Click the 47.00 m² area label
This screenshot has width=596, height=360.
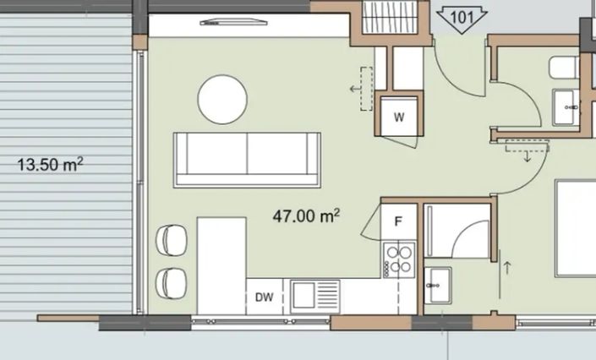[306, 216]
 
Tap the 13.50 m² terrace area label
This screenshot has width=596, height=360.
[50, 165]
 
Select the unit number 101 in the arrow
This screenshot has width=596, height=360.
[462, 17]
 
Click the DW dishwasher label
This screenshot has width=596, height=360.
[264, 297]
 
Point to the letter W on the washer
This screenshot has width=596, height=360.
[399, 117]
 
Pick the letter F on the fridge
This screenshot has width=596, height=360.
[398, 221]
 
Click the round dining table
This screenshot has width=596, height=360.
[222, 99]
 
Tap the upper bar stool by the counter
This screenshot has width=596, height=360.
[172, 240]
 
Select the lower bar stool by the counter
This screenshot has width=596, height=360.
[172, 284]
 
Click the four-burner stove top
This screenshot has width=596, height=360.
[399, 259]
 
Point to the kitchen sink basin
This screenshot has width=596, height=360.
[303, 296]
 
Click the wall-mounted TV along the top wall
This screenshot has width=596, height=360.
[234, 23]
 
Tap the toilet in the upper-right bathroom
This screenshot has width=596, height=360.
[564, 68]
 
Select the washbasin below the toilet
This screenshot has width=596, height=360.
[566, 107]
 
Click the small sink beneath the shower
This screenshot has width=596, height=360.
[438, 285]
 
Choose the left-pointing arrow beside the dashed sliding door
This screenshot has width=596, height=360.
[355, 89]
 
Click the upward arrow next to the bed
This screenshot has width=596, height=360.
[507, 268]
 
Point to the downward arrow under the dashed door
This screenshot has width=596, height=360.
[528, 156]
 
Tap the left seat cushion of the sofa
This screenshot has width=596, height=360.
[217, 154]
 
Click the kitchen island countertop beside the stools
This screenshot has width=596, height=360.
[221, 265]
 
